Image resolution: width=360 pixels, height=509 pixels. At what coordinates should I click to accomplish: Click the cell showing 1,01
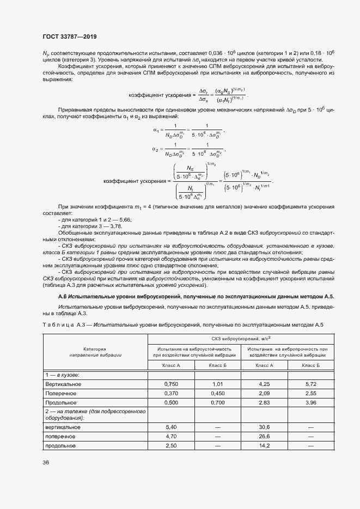(218, 384)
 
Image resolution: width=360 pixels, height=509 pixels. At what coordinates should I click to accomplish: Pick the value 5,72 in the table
(311, 384)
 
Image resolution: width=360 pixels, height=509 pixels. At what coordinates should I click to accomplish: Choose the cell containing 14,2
(265, 445)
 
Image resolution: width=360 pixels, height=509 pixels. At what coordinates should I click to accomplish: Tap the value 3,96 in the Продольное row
(311, 402)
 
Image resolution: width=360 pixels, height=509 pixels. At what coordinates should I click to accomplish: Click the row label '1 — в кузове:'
(63, 376)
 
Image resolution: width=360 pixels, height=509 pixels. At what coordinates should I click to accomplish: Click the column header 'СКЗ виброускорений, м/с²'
(241, 339)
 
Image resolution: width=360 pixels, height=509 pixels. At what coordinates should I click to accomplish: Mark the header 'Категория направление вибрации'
(95, 351)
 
